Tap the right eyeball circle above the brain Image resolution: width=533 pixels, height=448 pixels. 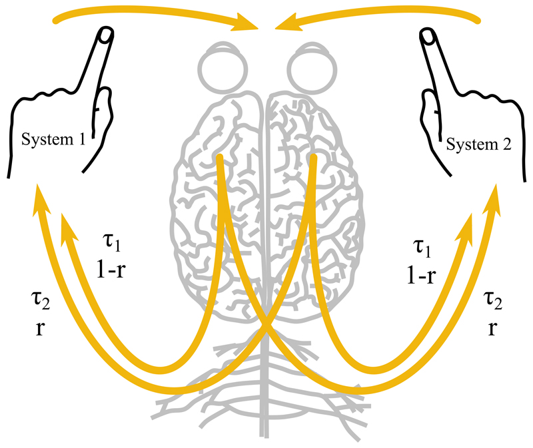pos(307,64)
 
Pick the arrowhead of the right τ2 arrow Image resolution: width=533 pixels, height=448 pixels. pos(494,197)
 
